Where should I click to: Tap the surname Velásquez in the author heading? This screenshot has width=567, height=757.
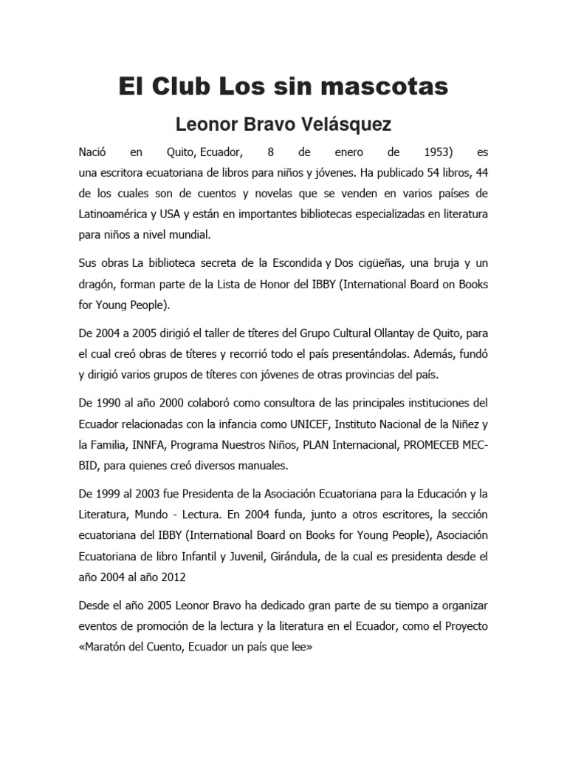tap(343, 124)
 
